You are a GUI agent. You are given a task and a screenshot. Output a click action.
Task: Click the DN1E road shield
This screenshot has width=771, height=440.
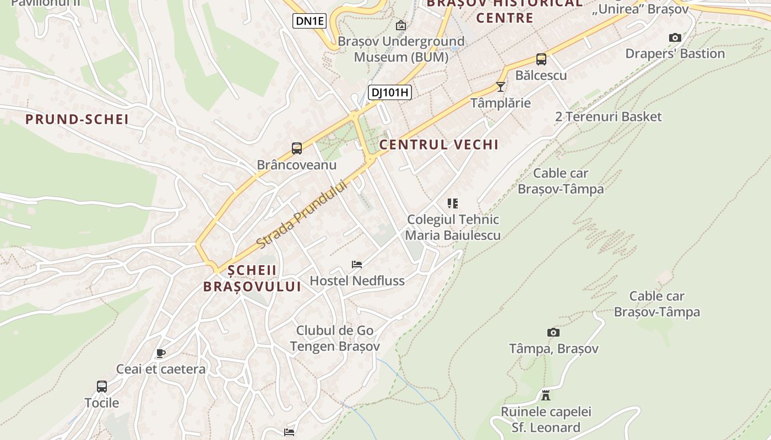click(310, 21)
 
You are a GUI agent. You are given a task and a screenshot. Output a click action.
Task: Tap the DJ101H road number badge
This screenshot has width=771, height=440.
click(390, 92)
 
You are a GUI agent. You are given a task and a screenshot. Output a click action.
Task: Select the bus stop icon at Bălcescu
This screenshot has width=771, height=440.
click(541, 59)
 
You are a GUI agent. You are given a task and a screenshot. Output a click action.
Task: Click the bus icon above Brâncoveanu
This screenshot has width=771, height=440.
click(297, 148)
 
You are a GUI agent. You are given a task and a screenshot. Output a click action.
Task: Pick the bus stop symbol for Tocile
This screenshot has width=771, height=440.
click(102, 387)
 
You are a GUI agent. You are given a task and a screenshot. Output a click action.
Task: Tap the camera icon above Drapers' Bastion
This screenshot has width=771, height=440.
click(675, 38)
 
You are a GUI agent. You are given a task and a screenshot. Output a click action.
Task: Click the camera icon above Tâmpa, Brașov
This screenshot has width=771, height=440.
click(553, 332)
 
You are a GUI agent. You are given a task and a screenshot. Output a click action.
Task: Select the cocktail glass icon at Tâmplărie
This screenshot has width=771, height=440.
click(500, 86)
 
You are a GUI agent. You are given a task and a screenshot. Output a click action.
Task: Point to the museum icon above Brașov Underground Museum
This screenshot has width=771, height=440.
click(401, 25)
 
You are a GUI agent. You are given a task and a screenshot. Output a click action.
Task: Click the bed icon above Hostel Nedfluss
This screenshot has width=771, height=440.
click(357, 265)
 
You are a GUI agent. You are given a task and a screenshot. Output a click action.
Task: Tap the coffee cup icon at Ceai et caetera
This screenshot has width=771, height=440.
click(160, 353)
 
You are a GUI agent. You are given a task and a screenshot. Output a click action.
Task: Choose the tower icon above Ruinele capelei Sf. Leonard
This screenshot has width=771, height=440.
click(546, 395)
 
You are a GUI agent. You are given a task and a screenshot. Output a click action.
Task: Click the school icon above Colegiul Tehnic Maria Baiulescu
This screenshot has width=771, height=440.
click(453, 204)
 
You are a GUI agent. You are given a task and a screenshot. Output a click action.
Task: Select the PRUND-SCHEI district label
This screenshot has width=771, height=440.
click(77, 119)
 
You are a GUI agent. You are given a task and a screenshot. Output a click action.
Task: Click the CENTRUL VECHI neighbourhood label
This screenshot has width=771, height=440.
click(439, 145)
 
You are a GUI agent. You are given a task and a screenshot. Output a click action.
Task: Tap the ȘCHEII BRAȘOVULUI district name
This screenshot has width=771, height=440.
click(252, 278)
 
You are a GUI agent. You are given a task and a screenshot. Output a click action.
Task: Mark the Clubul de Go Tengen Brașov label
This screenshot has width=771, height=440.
click(335, 338)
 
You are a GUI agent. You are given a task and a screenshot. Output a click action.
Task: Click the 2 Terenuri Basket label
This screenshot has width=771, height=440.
click(609, 117)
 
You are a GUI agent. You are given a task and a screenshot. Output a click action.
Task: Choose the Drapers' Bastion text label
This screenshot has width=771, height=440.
click(675, 54)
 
